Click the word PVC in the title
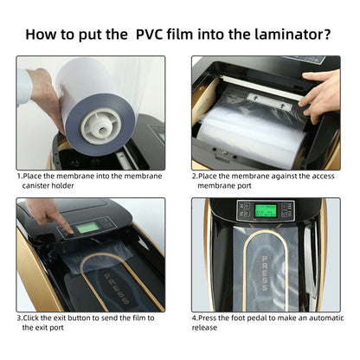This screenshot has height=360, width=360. click(x=150, y=35)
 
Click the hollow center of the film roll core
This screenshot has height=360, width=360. click(x=101, y=131)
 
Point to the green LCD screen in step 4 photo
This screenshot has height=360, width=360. click(x=266, y=211)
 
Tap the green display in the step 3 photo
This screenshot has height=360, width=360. click(x=87, y=228)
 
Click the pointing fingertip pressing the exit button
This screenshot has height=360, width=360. click(x=69, y=230)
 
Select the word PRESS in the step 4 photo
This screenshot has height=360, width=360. click(x=265, y=273)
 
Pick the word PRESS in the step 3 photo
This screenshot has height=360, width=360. click(x=116, y=288)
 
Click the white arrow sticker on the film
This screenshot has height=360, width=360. click(x=269, y=101)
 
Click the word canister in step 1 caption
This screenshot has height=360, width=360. click(x=35, y=185)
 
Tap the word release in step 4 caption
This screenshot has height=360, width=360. click(x=204, y=327)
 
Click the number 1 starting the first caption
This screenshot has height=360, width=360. click(x=19, y=176)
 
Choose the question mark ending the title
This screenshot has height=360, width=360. click(x=327, y=35)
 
